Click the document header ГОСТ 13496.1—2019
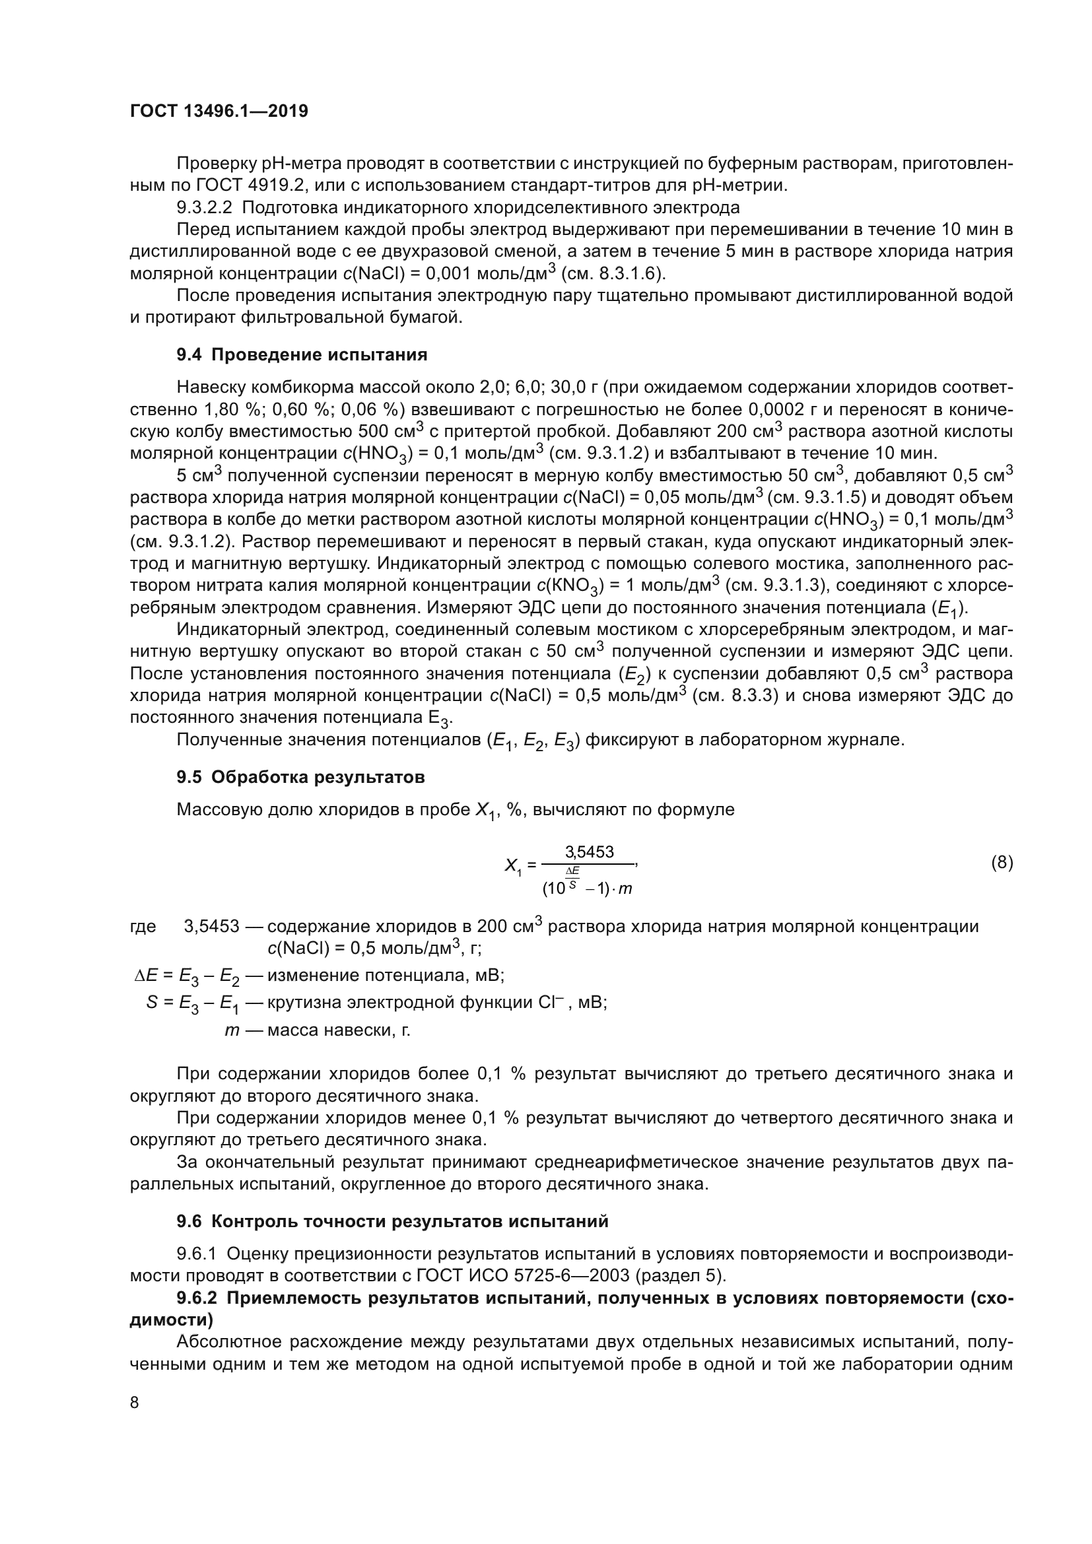point(219,112)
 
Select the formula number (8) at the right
point(1002,863)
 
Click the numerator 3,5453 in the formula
point(589,852)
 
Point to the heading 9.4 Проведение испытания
point(302,355)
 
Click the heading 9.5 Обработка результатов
point(300,778)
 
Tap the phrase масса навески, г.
point(338,1030)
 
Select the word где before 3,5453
point(143,926)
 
